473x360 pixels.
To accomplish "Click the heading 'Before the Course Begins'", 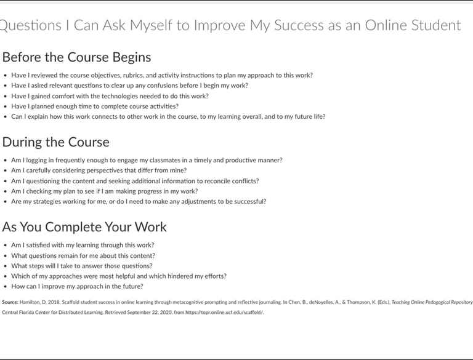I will click(76, 57).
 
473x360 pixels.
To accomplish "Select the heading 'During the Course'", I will click(55, 142).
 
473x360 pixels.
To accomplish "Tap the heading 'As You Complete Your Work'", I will click(84, 226).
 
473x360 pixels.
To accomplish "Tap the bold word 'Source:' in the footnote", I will click(10, 302).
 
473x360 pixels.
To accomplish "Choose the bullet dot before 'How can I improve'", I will click(6, 287).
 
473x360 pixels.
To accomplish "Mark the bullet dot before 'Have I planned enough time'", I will click(6, 106).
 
